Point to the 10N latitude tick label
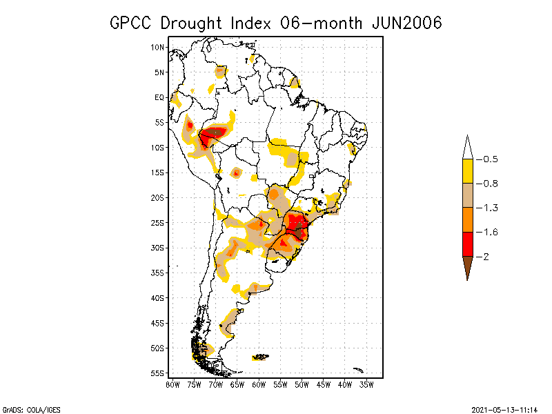(157, 47)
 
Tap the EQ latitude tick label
(159, 97)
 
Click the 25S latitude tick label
(157, 223)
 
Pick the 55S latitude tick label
(157, 373)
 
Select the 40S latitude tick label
(157, 298)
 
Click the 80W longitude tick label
(172, 384)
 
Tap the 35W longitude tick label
(366, 384)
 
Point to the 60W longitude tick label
(259, 384)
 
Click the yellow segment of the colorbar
(467, 171)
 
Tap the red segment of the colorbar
(467, 244)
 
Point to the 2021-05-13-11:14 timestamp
(504, 409)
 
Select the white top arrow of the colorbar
(467, 148)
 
